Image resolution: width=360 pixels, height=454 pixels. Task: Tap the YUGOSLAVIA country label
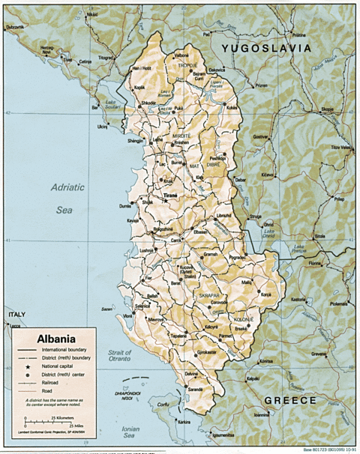(265, 47)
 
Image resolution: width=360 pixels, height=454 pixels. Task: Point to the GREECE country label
(292, 400)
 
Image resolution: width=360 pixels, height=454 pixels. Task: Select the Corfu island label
(160, 404)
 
